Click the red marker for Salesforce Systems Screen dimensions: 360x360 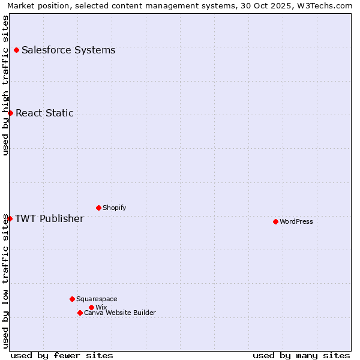pos(16,50)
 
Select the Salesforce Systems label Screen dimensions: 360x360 pos(68,50)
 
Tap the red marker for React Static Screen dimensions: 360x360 pos(10,113)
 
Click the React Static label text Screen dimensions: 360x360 pos(44,113)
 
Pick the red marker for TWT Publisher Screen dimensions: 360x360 pos(10,218)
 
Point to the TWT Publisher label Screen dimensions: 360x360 pos(49,218)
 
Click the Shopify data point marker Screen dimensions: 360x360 pos(98,208)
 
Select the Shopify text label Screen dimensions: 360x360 pos(114,208)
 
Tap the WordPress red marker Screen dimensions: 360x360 pos(275,221)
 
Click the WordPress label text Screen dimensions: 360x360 pos(296,221)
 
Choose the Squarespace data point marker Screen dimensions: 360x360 pos(72,299)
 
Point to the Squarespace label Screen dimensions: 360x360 pos(97,299)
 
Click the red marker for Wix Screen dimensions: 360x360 pos(91,307)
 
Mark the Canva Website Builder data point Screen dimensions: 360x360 pos(80,313)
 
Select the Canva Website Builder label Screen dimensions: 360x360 pos(120,313)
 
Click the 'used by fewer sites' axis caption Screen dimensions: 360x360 pos(62,355)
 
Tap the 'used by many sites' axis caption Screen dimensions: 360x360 pos(301,355)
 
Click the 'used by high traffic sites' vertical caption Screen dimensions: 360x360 pos(5,85)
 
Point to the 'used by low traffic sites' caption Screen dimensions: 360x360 pos(5,281)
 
